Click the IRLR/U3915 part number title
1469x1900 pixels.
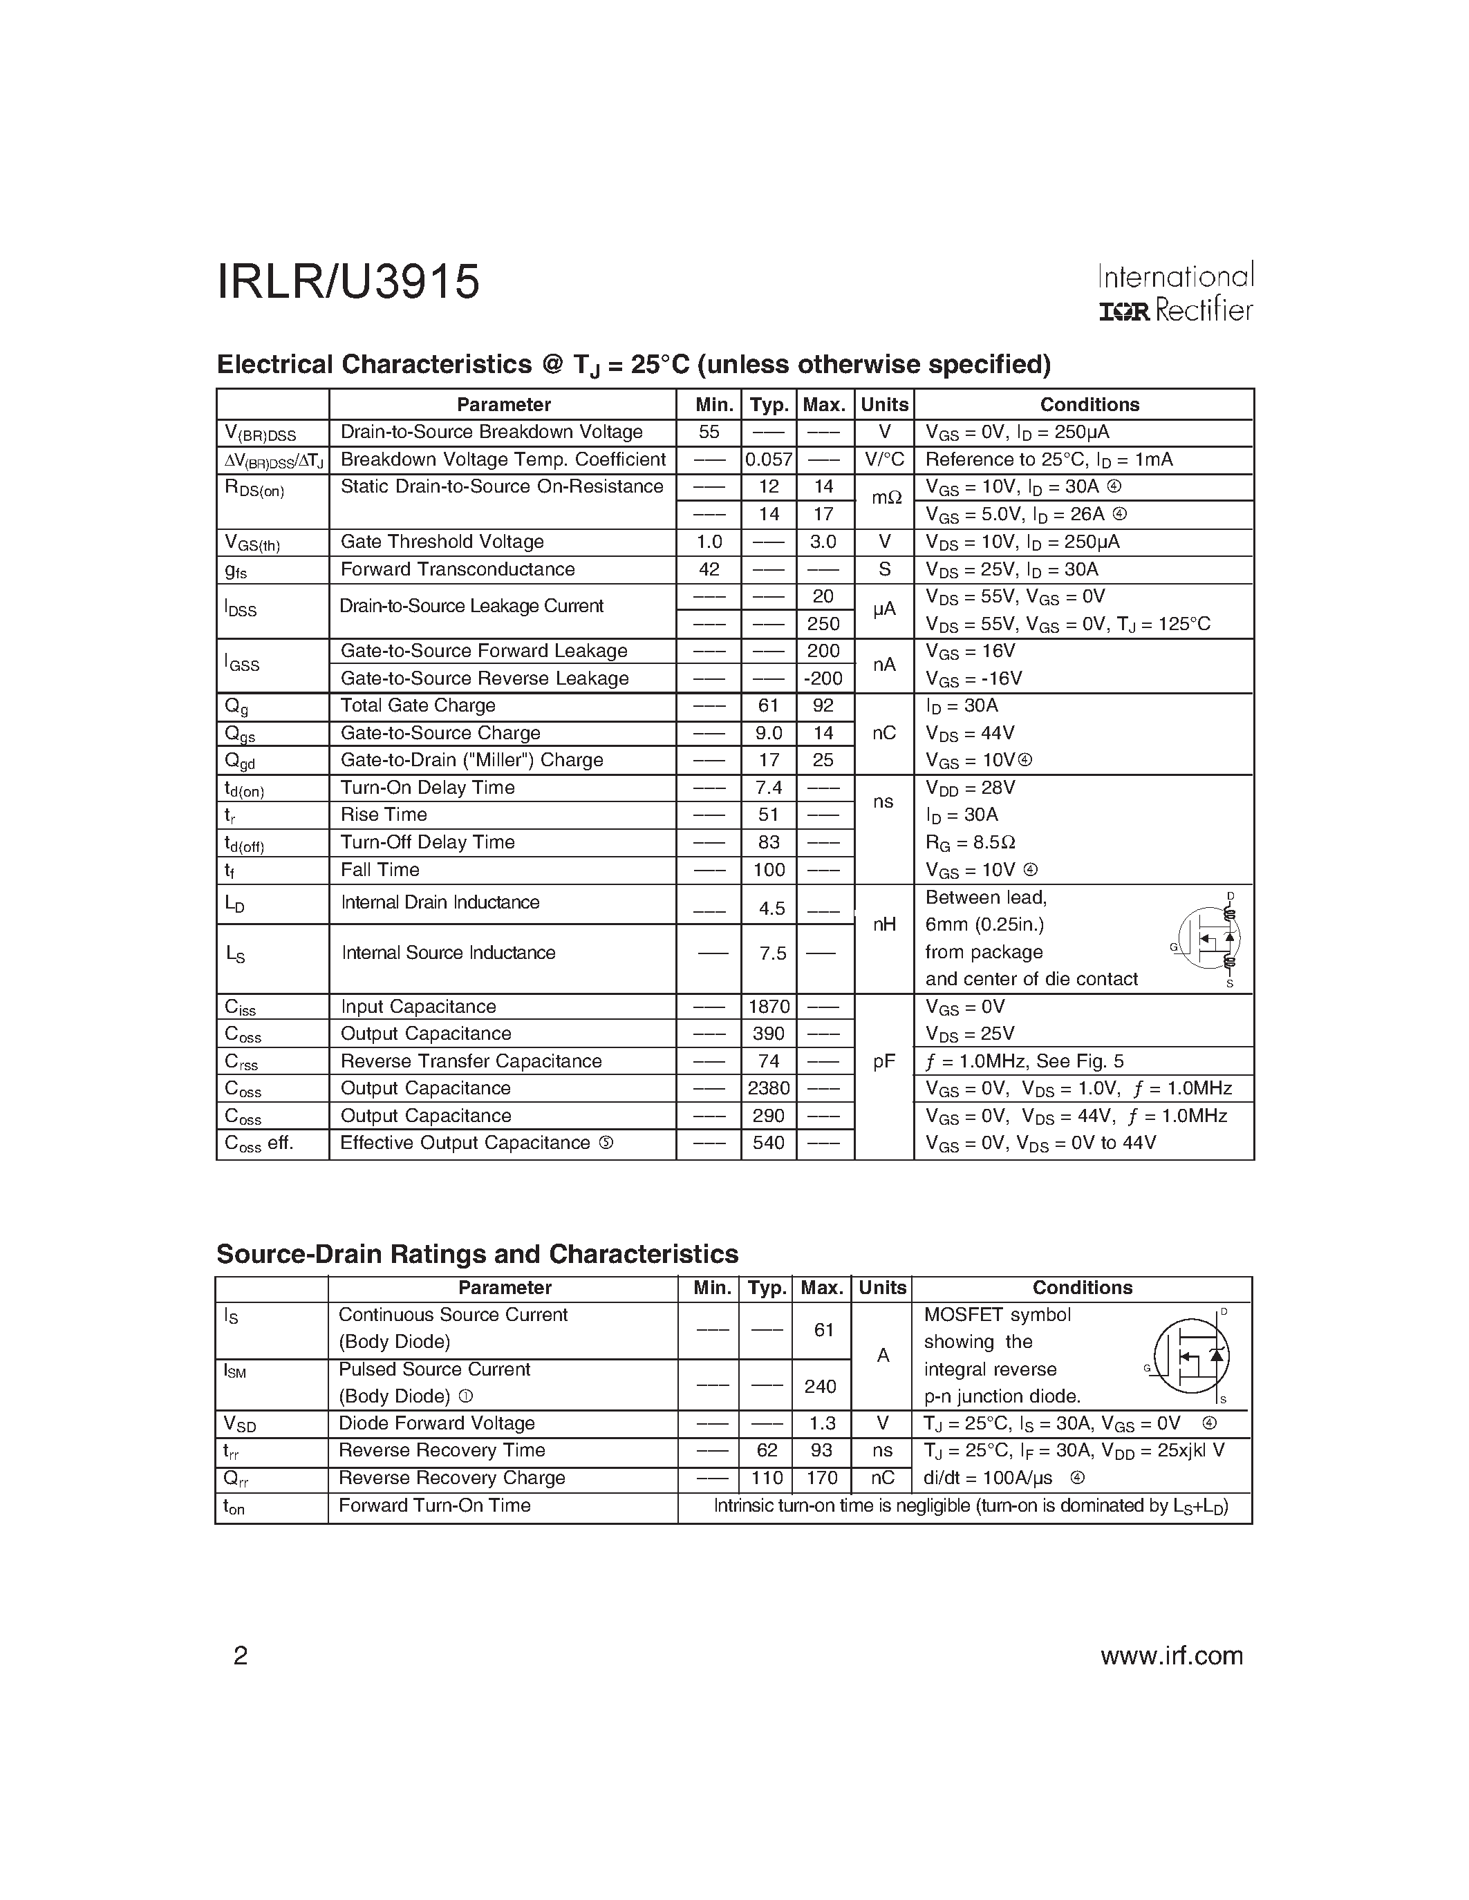tap(348, 283)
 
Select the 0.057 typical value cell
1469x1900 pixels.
tap(769, 459)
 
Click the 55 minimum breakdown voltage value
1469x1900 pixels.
tap(709, 433)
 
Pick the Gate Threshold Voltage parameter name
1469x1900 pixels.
tap(442, 542)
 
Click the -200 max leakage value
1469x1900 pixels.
tap(823, 678)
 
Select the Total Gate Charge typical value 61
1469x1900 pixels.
tap(769, 705)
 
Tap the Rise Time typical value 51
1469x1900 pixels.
tap(769, 815)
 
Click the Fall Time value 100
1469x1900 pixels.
tap(769, 870)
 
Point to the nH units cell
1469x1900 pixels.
tap(884, 924)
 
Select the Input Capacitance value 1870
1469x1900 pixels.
tap(769, 1007)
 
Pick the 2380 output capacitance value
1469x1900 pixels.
tap(769, 1088)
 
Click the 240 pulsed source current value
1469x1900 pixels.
tap(821, 1386)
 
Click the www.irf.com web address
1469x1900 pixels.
tap(1171, 1655)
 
